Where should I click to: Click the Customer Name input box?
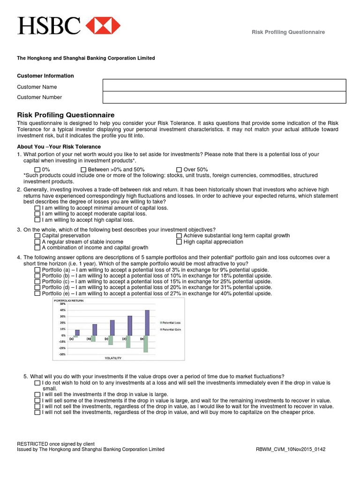pyautogui.click(x=224, y=85)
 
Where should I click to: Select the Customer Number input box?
pyautogui.click(x=224, y=97)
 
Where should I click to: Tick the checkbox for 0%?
pyautogui.click(x=37, y=170)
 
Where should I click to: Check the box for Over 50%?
pyautogui.click(x=179, y=170)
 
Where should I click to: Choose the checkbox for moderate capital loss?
pyautogui.click(x=37, y=214)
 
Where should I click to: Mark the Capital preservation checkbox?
pyautogui.click(x=37, y=236)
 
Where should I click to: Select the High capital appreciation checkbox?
pyautogui.click(x=179, y=242)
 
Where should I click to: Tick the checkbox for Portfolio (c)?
pyautogui.click(x=37, y=282)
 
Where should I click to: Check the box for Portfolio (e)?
pyautogui.click(x=37, y=293)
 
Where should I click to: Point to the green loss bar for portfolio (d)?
pyautogui.click(x=128, y=341)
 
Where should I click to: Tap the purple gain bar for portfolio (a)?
pyautogui.click(x=77, y=332)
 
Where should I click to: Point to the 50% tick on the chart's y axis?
pyautogui.click(x=62, y=304)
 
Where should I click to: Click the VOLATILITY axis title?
pyautogui.click(x=112, y=358)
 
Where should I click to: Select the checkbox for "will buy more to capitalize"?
pyautogui.click(x=37, y=412)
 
